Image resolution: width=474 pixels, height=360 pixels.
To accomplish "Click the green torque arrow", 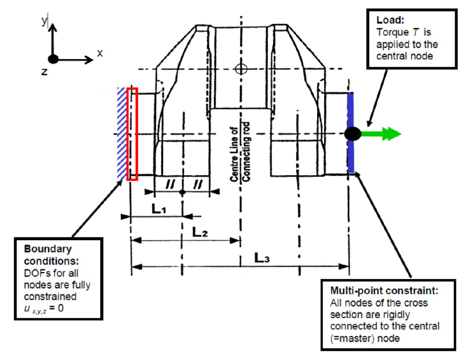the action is pyautogui.click(x=381, y=134).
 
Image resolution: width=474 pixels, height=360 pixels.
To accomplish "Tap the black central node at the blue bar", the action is pyautogui.click(x=353, y=134).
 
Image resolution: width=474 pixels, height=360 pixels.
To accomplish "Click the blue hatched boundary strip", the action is pyautogui.click(x=122, y=134).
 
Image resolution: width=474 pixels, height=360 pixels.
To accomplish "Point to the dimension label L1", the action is pyautogui.click(x=159, y=208).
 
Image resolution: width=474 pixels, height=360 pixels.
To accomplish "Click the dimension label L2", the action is pyautogui.click(x=200, y=232).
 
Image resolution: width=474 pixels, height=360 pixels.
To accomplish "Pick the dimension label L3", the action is pyautogui.click(x=262, y=258).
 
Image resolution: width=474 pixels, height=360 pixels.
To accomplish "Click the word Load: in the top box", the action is pyautogui.click(x=390, y=20).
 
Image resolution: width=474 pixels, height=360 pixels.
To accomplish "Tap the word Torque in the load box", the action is pyautogui.click(x=392, y=32).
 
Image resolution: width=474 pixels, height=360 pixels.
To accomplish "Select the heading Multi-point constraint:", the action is pyautogui.click(x=384, y=290).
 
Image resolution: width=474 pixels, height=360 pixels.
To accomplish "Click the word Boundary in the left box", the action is pyautogui.click(x=48, y=249).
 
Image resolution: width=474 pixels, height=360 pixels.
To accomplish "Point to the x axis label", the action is pyautogui.click(x=100, y=53).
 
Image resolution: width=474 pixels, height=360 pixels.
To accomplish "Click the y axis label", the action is pyautogui.click(x=44, y=20).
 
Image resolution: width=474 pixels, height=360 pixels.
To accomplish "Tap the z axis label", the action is pyautogui.click(x=44, y=72).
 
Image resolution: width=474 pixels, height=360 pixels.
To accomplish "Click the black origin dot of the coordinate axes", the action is pyautogui.click(x=53, y=59).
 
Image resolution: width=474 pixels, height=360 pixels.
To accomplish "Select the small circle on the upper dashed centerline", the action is pyautogui.click(x=241, y=69).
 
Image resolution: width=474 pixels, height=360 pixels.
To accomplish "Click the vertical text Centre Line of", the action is pyautogui.click(x=234, y=153).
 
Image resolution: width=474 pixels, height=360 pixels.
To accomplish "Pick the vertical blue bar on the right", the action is pyautogui.click(x=351, y=133).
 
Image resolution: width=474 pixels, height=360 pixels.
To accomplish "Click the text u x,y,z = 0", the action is pyautogui.click(x=44, y=309).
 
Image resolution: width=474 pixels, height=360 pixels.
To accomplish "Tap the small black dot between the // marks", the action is pyautogui.click(x=182, y=192).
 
